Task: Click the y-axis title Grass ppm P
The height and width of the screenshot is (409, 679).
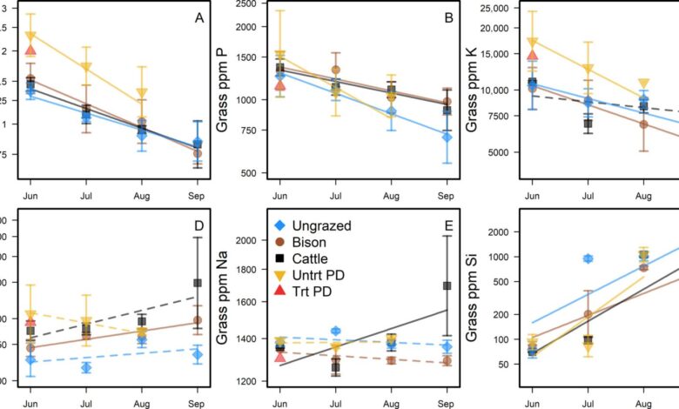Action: (223, 90)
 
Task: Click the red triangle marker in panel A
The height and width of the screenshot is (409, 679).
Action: (30, 51)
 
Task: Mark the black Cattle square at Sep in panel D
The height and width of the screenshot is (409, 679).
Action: (198, 283)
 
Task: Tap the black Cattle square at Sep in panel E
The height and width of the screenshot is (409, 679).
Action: (447, 285)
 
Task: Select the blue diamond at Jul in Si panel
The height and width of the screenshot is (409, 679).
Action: (588, 258)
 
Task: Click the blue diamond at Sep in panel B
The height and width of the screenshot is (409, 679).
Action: (447, 137)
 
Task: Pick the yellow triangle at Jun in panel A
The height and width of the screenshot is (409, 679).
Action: (30, 37)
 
